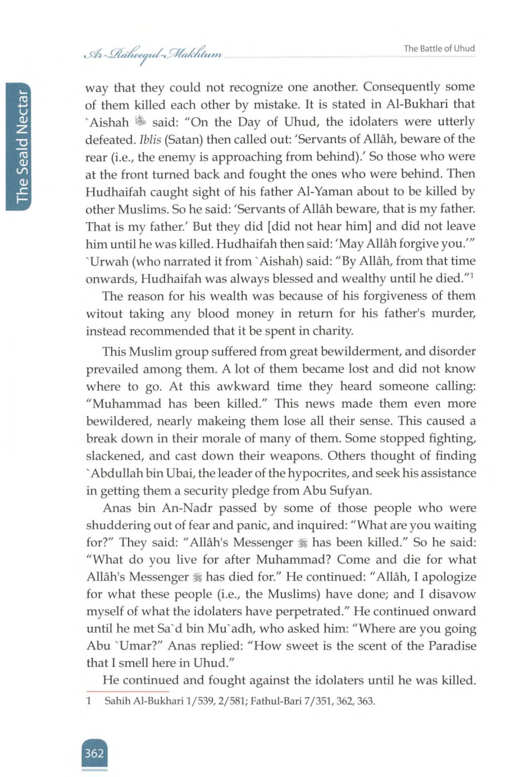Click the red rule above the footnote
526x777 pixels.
click(x=127, y=691)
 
